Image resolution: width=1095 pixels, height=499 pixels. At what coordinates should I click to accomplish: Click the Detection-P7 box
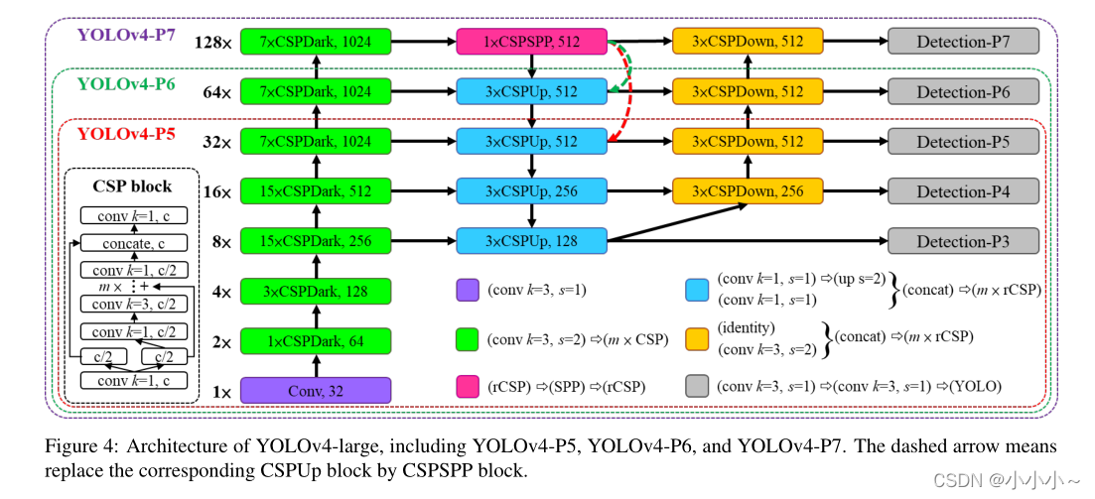click(x=963, y=42)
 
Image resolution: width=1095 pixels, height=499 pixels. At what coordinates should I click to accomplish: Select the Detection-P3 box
click(x=963, y=241)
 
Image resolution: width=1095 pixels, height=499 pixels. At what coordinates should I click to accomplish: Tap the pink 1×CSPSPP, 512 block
click(x=531, y=42)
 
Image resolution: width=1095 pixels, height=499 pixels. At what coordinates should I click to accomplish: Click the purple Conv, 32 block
click(x=316, y=390)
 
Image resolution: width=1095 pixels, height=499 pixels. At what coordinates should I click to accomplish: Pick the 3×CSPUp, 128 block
click(x=531, y=241)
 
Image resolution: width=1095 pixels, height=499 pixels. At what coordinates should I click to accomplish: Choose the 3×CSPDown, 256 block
click(x=748, y=191)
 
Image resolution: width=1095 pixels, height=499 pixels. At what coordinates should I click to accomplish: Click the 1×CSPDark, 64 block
click(x=316, y=341)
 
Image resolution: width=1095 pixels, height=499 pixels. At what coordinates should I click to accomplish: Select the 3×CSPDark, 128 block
click(x=316, y=292)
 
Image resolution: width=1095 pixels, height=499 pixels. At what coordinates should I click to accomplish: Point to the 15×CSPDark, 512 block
click(x=316, y=191)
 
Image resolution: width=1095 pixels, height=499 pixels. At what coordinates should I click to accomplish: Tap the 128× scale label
click(x=213, y=44)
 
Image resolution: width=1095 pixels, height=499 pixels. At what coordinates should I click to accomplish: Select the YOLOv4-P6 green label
click(x=126, y=84)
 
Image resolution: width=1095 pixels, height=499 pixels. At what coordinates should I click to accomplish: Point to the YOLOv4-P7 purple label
click(x=126, y=35)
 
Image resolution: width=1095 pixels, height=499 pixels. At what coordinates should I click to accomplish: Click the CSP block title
click(x=132, y=186)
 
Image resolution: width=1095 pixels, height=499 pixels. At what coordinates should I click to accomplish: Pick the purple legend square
click(x=468, y=291)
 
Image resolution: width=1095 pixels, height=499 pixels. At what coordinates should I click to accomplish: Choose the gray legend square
click(x=698, y=386)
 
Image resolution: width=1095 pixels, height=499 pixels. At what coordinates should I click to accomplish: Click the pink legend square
click(x=468, y=386)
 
